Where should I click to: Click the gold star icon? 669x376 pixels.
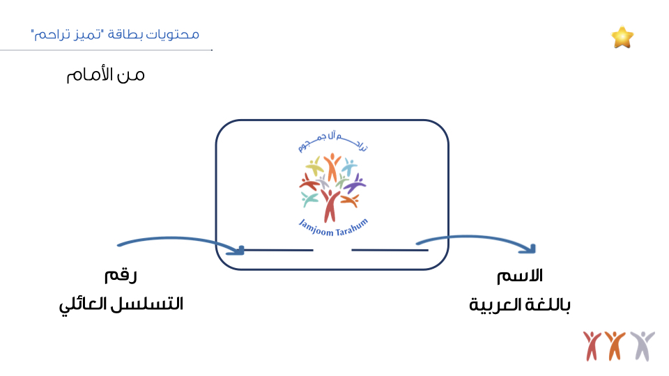[622, 37]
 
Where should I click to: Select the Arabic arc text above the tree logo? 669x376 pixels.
[332, 143]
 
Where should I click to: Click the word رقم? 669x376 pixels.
[121, 276]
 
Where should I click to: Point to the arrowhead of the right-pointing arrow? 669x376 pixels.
[532, 249]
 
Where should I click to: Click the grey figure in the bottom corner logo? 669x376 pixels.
[642, 345]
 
